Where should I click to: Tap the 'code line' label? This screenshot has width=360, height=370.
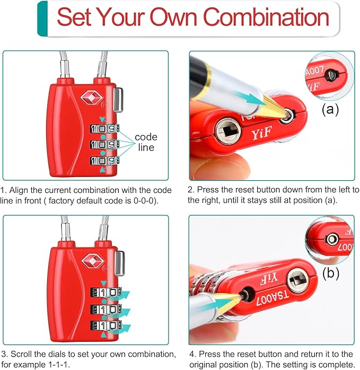[145, 143]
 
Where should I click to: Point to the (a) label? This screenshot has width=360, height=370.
[330, 110]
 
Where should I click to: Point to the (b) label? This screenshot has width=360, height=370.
[330, 274]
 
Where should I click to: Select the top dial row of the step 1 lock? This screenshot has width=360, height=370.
[104, 129]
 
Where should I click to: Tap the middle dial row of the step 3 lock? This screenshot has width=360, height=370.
[104, 309]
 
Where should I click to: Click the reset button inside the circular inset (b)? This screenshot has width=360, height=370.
[332, 240]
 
